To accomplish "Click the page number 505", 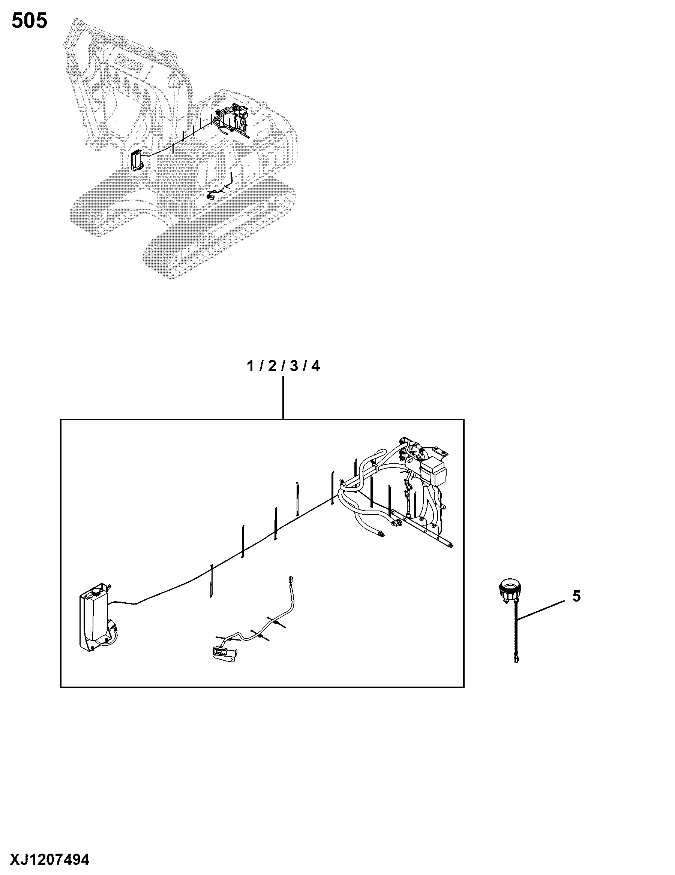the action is (x=29, y=21).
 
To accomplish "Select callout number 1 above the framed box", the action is (x=251, y=366).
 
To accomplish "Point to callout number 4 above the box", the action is (x=316, y=366).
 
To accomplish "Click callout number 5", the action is (x=576, y=597).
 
